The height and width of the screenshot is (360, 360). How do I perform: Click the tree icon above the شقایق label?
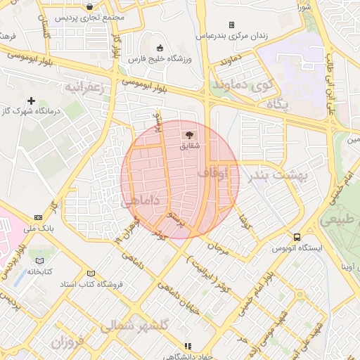pos(188,134)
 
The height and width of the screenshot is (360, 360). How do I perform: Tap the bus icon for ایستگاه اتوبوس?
pos(297,237)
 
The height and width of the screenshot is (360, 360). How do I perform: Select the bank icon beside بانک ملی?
pos(38,217)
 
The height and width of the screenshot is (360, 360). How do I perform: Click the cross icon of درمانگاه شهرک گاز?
pos(32,101)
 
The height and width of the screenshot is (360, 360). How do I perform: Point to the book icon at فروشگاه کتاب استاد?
pos(90,273)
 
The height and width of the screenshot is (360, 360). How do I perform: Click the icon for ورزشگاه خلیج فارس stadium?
pos(160,48)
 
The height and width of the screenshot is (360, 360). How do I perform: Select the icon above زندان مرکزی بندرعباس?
pos(231,25)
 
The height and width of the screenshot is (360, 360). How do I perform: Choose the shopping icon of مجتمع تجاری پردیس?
pos(90,6)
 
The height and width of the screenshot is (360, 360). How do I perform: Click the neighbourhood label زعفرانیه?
pos(85,88)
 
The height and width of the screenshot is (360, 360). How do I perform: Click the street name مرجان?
pos(219,247)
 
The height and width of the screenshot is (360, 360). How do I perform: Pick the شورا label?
pos(304,6)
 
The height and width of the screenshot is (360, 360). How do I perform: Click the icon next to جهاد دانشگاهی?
pos(187,346)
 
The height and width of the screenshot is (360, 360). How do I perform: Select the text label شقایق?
pos(190,146)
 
